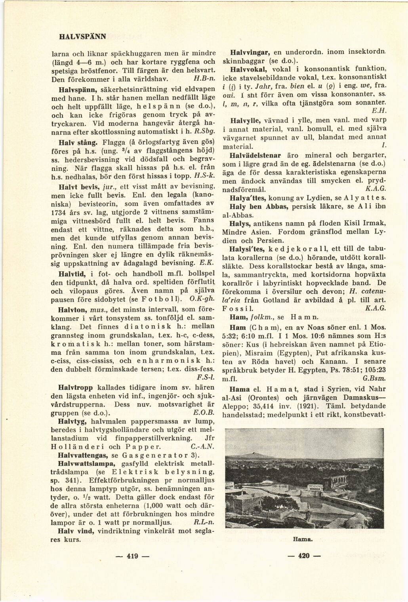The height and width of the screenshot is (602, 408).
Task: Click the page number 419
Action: pyautogui.click(x=132, y=556)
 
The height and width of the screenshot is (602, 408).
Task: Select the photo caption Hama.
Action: pyautogui.click(x=303, y=539)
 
